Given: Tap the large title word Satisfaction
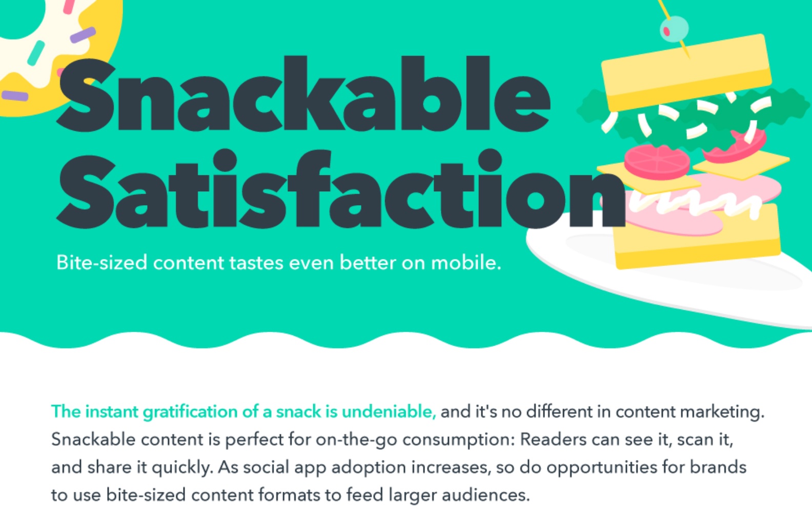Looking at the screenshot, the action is [x=341, y=189].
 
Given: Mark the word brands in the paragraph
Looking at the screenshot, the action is [x=718, y=467].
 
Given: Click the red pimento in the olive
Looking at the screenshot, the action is [x=666, y=31].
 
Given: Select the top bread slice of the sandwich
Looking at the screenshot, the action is [x=686, y=72].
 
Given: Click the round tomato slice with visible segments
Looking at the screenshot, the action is [x=657, y=162].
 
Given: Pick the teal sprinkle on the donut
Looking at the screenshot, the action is [x=36, y=53].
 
